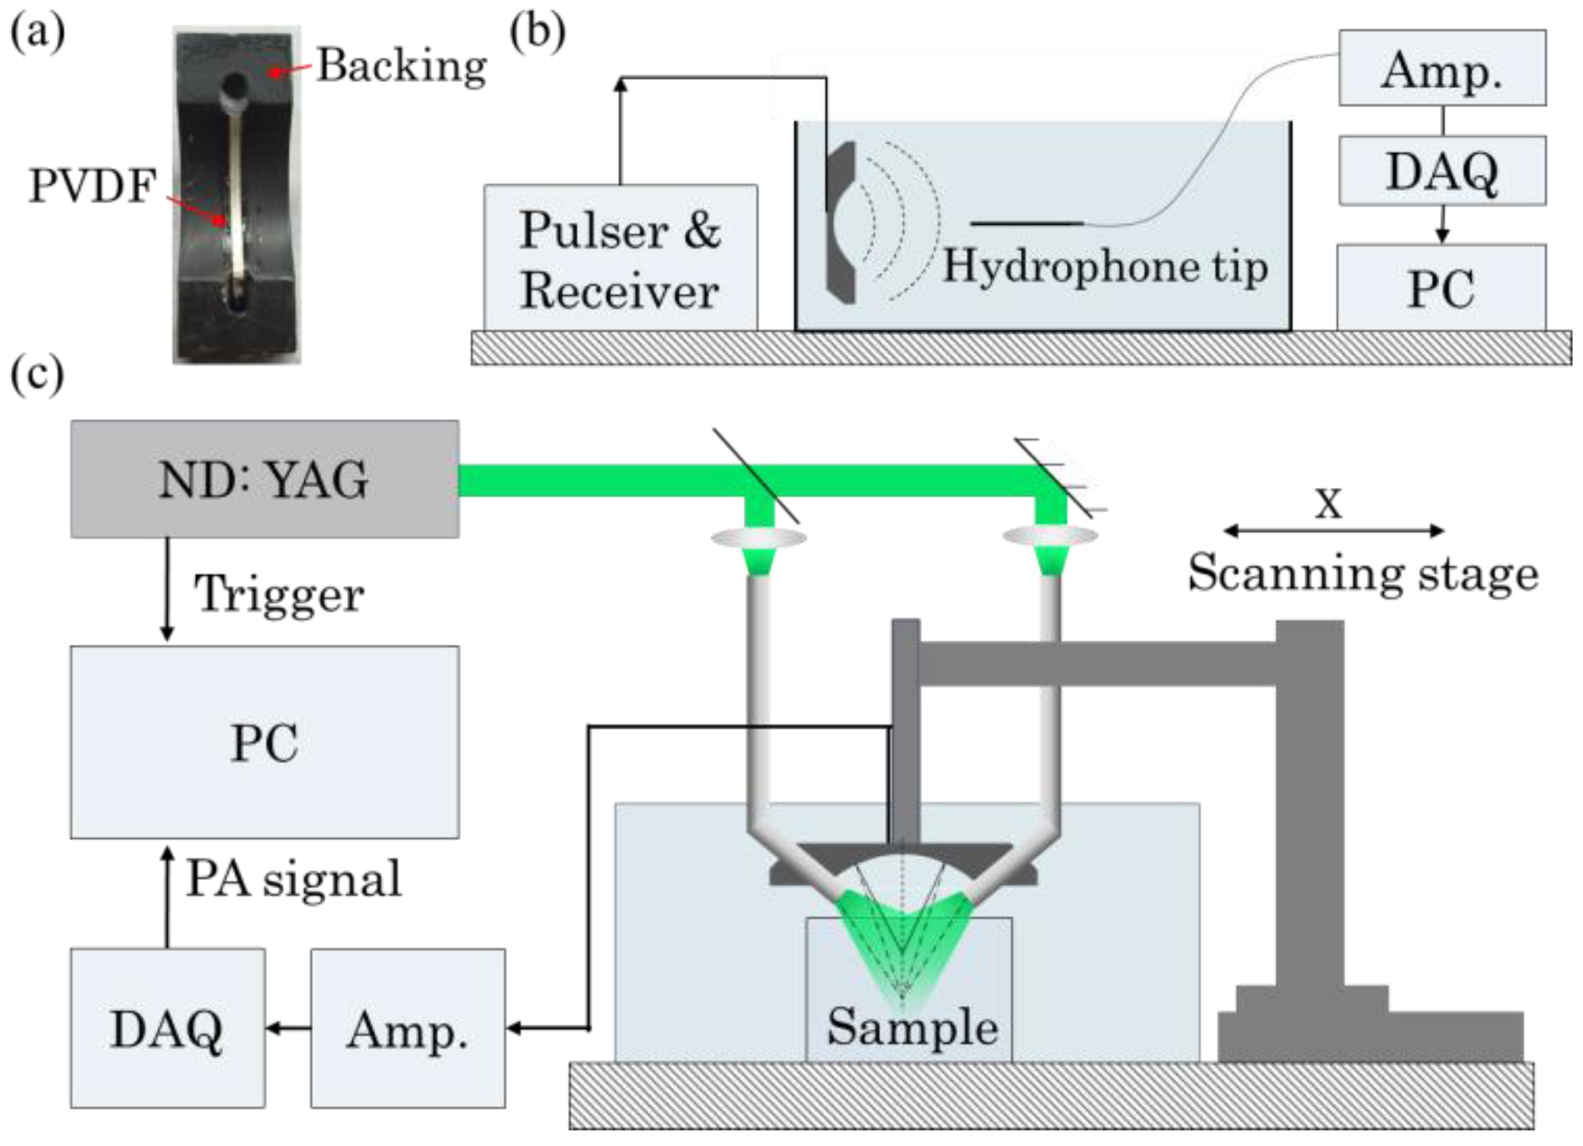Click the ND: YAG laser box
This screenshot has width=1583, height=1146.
[x=265, y=479]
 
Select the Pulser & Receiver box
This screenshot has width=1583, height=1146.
[x=621, y=259]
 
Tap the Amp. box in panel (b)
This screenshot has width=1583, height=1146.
[x=1443, y=68]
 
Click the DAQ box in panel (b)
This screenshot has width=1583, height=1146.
[x=1443, y=171]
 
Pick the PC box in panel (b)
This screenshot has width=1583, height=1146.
[x=1442, y=288]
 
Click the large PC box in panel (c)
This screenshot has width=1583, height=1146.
[x=265, y=743]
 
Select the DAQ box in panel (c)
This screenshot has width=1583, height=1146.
[x=168, y=1028]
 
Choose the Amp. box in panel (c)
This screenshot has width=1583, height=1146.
[x=408, y=1028]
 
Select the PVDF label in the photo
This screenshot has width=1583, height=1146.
[x=92, y=186]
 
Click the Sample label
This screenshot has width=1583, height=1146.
[x=912, y=1026]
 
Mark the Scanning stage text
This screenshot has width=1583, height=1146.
[x=1363, y=572]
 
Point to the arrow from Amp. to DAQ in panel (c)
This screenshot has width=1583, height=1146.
[x=288, y=1028]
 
